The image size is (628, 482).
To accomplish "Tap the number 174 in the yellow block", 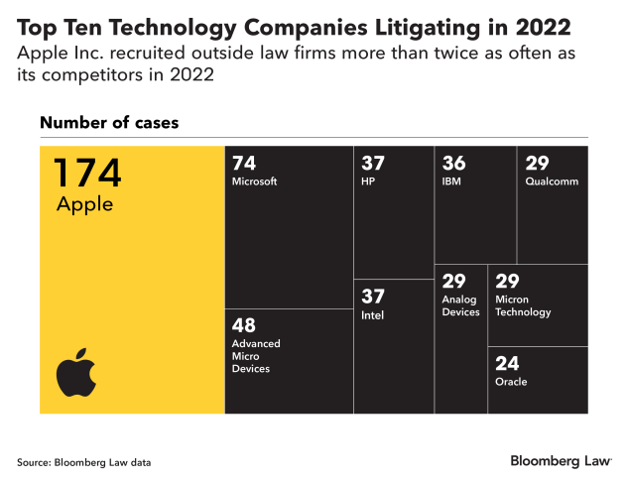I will [x=86, y=174].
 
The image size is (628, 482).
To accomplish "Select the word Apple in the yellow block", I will [x=84, y=205].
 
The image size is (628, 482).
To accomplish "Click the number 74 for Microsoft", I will [x=245, y=164].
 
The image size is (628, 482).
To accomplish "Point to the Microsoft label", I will [x=254, y=181].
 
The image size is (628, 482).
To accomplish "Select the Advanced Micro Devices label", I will [x=256, y=356].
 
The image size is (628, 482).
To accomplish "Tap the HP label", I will [x=369, y=181].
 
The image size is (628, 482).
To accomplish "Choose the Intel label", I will [x=372, y=315].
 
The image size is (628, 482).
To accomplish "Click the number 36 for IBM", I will [x=454, y=164].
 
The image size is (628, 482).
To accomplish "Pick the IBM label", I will [x=452, y=181].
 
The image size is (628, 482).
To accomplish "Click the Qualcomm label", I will [x=551, y=181].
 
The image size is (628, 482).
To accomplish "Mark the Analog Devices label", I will [x=460, y=305].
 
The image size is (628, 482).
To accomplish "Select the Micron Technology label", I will [x=523, y=305].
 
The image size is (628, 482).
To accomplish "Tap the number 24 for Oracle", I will [x=507, y=363].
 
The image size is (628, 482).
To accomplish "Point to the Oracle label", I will [x=511, y=382].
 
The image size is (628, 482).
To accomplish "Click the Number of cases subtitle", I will [x=109, y=123].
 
